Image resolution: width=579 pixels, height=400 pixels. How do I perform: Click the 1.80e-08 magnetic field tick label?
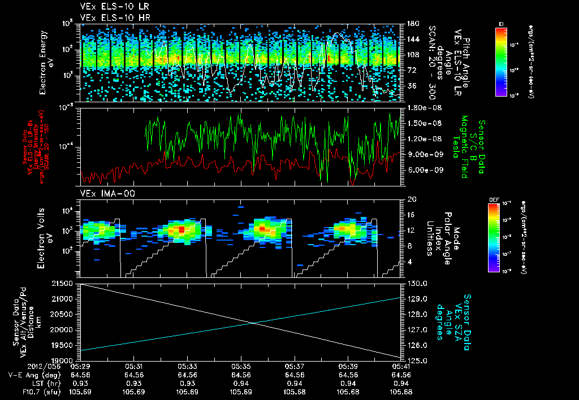[422, 107]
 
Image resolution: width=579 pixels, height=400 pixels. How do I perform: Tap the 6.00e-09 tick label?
[422, 170]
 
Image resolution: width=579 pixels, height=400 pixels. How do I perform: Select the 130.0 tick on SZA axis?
[417, 283]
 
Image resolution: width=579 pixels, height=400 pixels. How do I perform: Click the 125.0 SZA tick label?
[417, 360]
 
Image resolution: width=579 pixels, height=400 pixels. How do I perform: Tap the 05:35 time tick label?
[241, 366]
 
